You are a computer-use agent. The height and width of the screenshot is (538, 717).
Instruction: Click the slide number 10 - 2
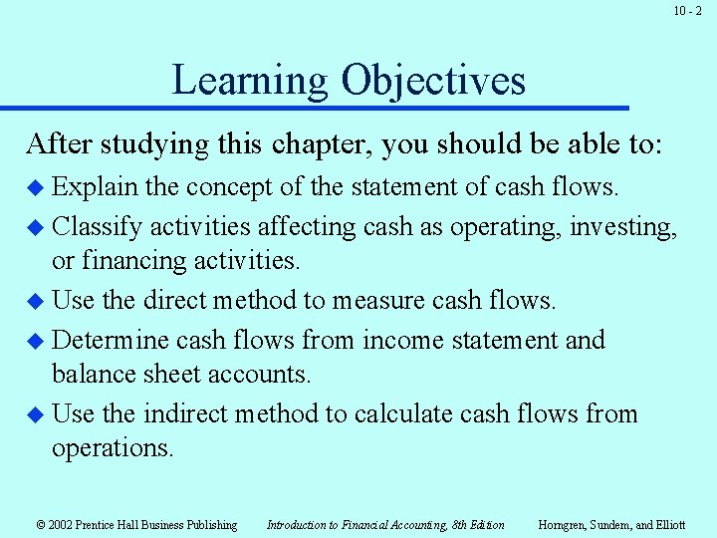click(687, 11)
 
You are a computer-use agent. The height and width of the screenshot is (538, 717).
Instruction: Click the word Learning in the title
click(250, 80)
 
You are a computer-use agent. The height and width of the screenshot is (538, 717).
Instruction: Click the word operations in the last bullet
click(112, 447)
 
